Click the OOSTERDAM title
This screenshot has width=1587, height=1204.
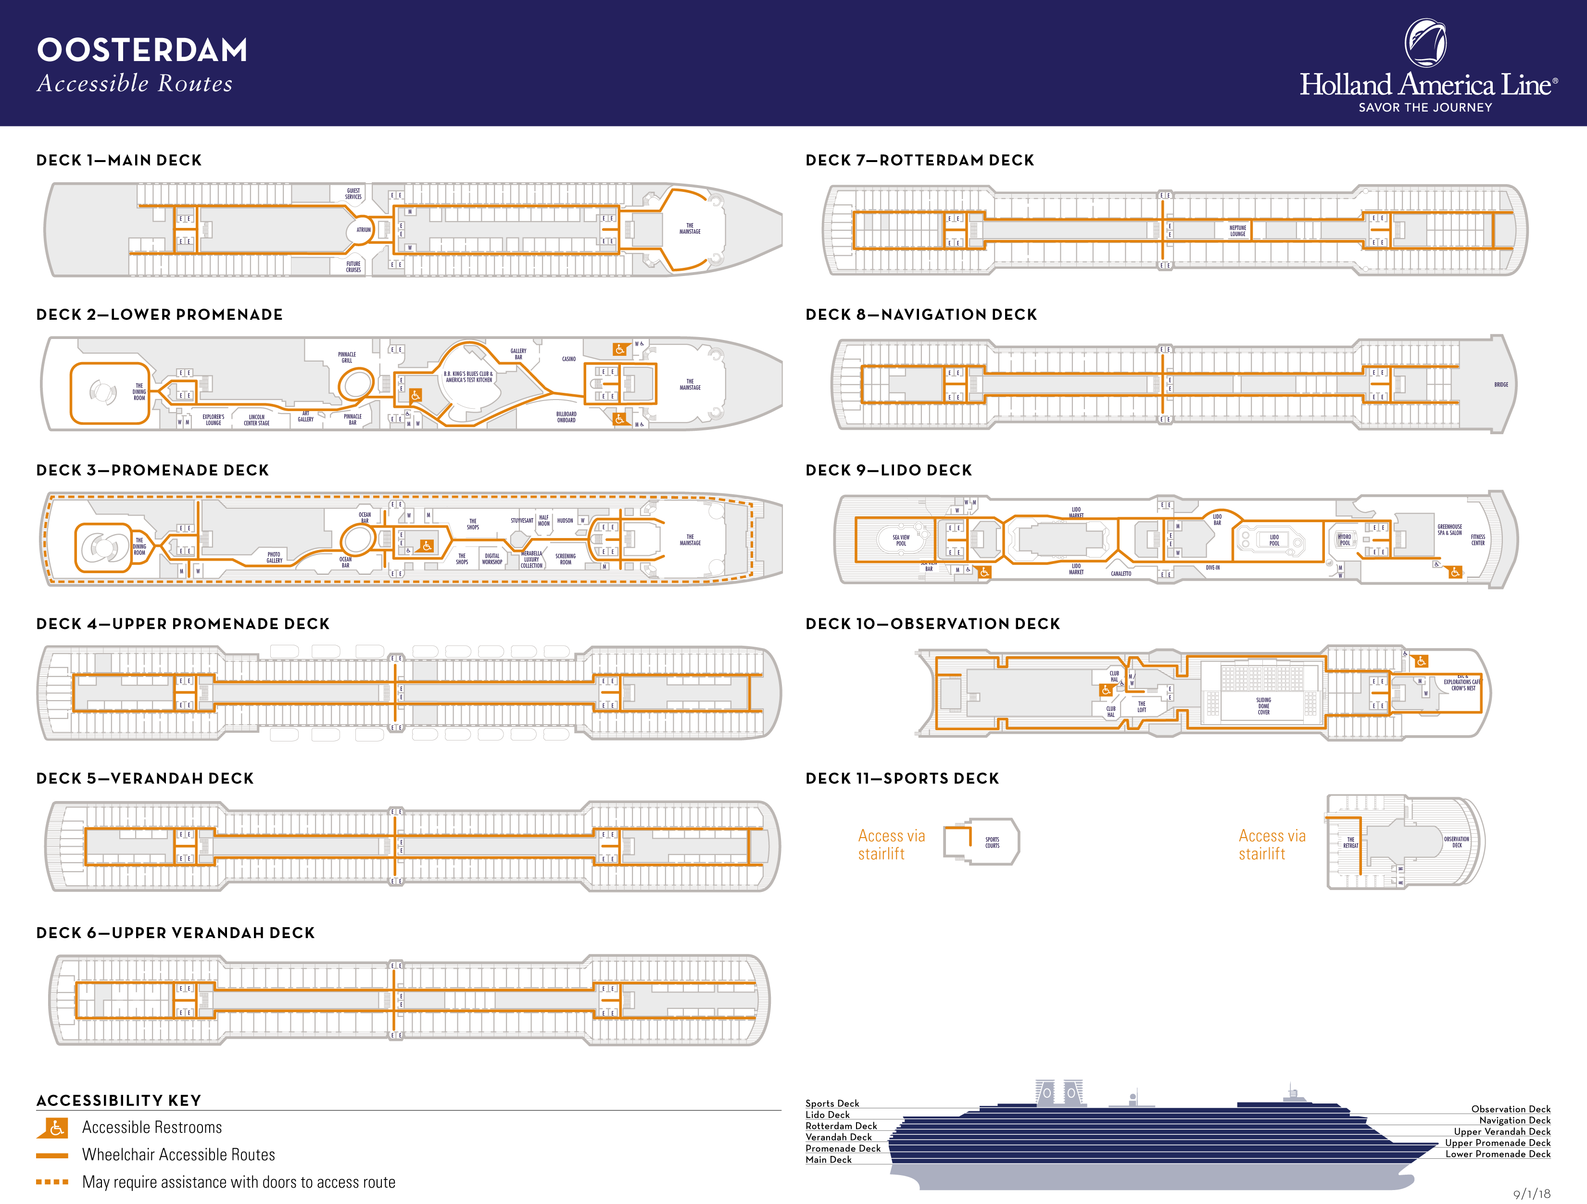point(142,50)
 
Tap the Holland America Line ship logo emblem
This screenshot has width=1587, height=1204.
point(1425,43)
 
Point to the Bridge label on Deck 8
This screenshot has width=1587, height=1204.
point(1501,385)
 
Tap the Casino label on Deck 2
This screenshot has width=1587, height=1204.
point(569,359)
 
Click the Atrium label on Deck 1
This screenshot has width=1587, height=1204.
point(364,230)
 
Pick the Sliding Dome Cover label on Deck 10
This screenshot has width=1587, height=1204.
point(1263,706)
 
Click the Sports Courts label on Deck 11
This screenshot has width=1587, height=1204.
point(992,842)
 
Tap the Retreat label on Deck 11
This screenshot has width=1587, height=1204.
point(1350,842)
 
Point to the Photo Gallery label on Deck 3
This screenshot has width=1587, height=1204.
point(274,557)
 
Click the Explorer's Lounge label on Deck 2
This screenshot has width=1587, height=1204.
point(213,420)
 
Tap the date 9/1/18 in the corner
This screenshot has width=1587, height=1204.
point(1531,1194)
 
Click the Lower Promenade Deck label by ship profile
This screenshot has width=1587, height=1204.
point(1498,1154)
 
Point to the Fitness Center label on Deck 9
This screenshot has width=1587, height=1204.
point(1478,539)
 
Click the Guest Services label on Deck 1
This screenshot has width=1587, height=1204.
point(353,194)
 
